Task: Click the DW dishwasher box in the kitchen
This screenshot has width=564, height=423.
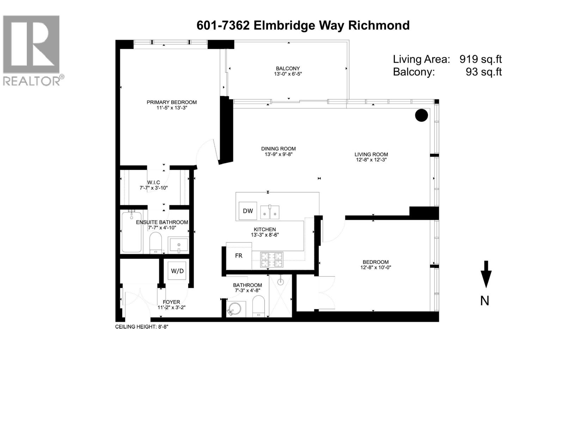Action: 248,211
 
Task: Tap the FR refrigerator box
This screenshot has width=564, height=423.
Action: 239,256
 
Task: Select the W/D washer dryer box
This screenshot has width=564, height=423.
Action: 177,271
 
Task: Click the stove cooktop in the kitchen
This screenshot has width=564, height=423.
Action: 271,260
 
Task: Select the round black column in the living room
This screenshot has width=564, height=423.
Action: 421,115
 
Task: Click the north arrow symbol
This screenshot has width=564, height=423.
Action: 486,274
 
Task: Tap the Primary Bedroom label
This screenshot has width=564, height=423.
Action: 172,102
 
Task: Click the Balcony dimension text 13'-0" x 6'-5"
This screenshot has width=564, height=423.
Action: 288,74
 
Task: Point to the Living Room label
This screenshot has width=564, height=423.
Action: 371,154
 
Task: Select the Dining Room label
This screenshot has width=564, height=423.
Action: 278,149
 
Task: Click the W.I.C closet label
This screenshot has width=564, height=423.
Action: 154,182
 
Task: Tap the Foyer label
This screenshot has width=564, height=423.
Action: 171,302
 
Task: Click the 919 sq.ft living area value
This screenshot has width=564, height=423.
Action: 480,59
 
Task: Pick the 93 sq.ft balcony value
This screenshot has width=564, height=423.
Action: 484,72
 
